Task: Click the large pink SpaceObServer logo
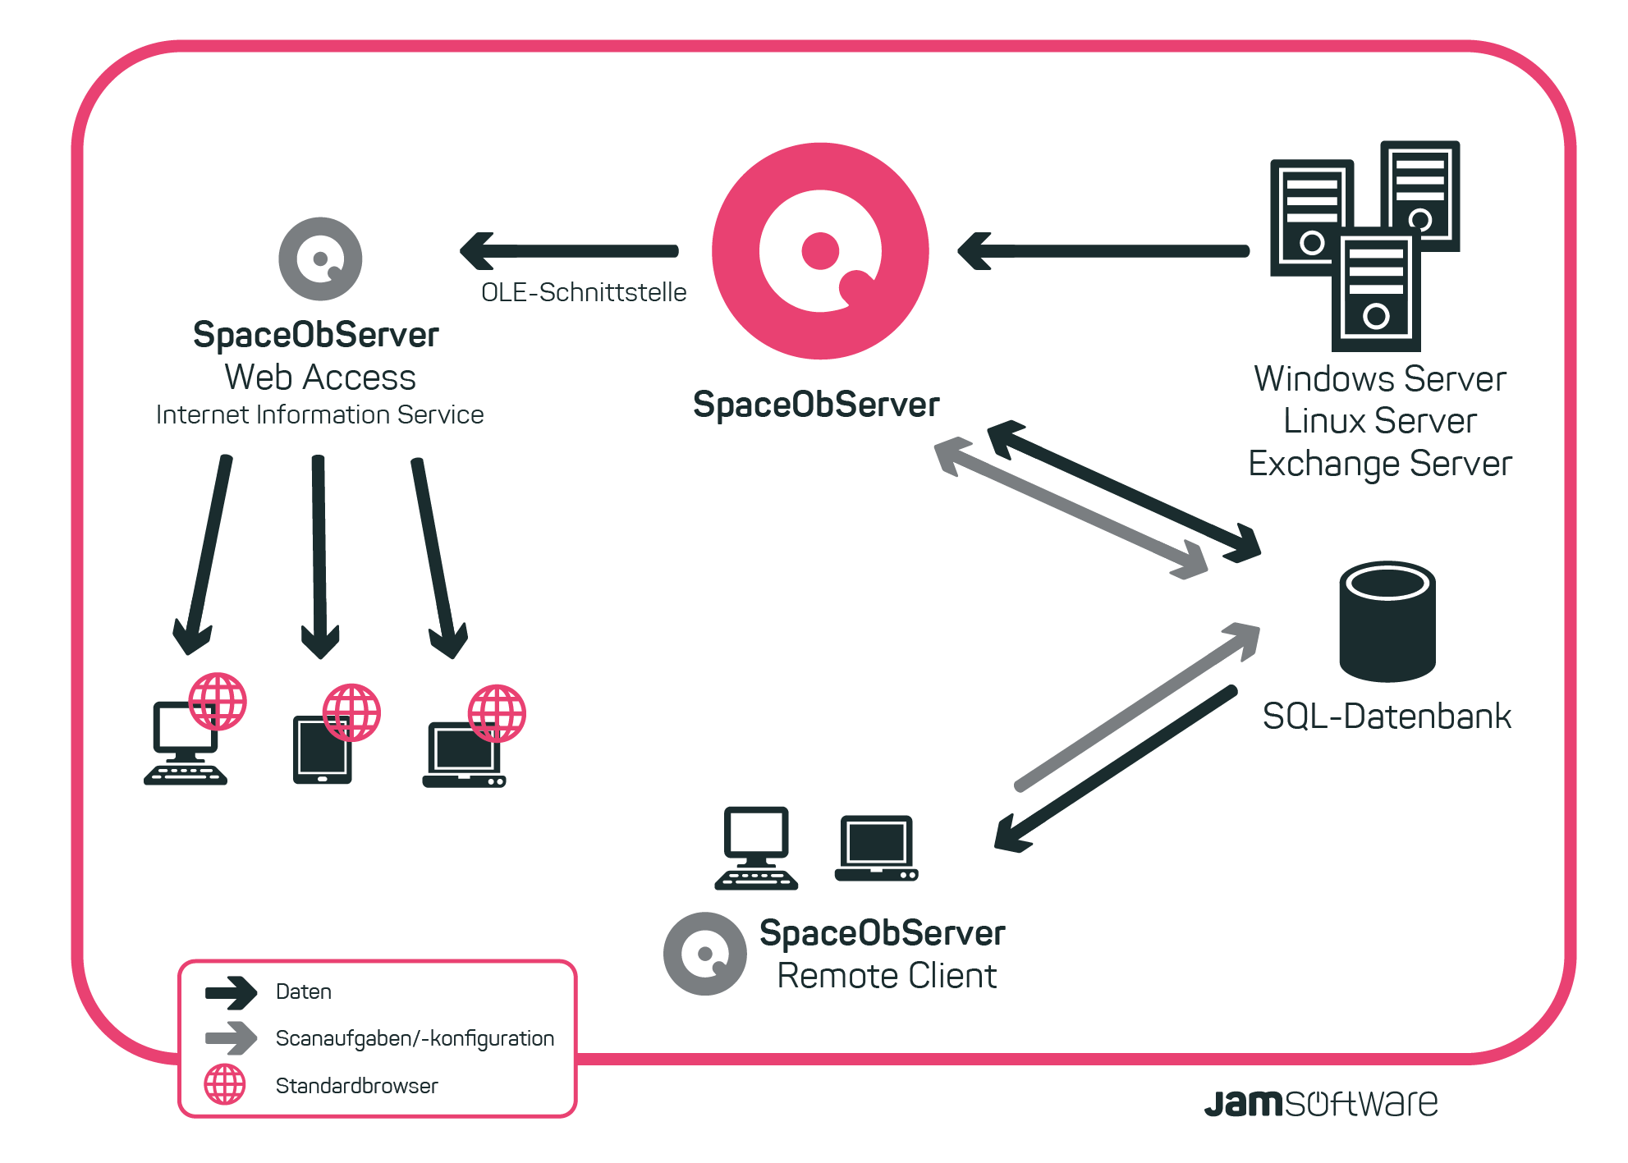tap(820, 251)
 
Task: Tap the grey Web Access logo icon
tap(320, 259)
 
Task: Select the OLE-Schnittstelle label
tap(584, 292)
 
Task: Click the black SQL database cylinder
tap(1387, 621)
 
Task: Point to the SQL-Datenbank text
tap(1387, 717)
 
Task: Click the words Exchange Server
tap(1380, 464)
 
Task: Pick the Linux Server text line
tap(1380, 421)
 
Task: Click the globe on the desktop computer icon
tap(218, 702)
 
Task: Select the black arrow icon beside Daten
tap(232, 992)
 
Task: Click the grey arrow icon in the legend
tap(232, 1038)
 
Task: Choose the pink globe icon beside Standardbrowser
tap(225, 1084)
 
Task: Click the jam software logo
tap(1321, 1103)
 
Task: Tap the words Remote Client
tap(887, 976)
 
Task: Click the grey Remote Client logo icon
tap(705, 954)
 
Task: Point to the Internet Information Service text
tap(320, 414)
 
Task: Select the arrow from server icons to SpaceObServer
tap(1103, 251)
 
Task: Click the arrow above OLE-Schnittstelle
tap(569, 251)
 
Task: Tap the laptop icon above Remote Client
tap(876, 849)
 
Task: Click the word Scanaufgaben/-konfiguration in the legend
tap(415, 1038)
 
